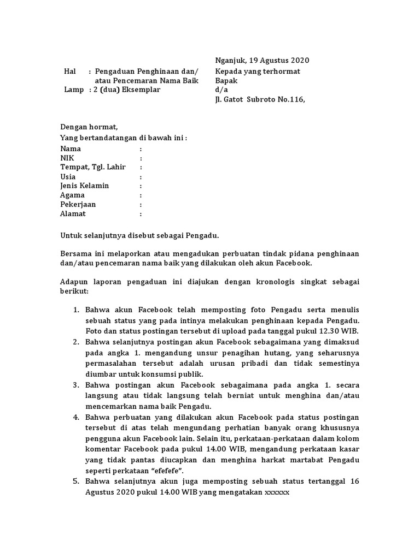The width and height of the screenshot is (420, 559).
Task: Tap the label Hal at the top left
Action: click(69, 72)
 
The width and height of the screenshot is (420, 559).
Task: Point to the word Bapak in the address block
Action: click(226, 80)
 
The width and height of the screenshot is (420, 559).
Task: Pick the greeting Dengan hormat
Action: click(89, 127)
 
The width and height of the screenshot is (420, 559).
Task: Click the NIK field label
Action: click(67, 158)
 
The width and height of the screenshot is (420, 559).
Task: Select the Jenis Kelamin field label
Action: click(84, 186)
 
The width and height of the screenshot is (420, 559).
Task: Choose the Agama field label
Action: click(72, 195)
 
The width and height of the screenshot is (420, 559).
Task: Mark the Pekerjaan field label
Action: click(78, 204)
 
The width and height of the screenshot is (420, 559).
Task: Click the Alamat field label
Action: click(73, 213)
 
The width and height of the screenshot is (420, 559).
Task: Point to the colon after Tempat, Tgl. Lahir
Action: click(141, 167)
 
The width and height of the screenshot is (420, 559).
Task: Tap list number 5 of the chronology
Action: click(77, 481)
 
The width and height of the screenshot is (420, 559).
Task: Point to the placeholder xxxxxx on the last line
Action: click(277, 491)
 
